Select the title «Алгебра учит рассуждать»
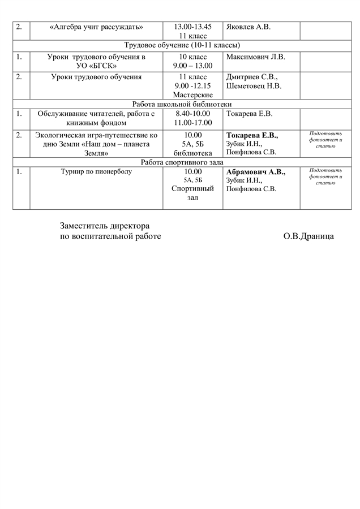coord(96,27)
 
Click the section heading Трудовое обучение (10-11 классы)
coord(179,45)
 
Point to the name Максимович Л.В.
coord(256,57)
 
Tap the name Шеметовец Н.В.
coord(254,86)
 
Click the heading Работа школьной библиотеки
coord(179,104)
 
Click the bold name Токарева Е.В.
coord(252,135)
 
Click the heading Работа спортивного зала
coord(179,162)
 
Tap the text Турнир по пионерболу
coord(96,171)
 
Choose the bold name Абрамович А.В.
coord(256,172)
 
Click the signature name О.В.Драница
coord(308,236)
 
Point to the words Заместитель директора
coord(105,225)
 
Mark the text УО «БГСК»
coord(96,66)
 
